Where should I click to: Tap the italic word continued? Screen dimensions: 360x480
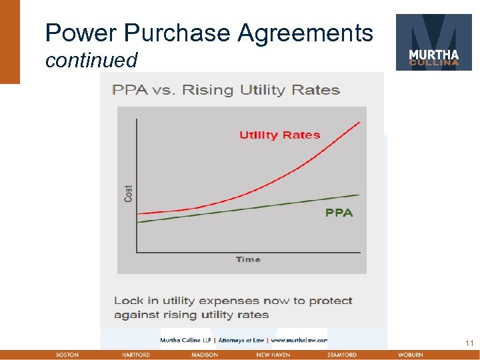[x=91, y=61]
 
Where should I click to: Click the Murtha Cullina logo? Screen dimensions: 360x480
[x=433, y=42]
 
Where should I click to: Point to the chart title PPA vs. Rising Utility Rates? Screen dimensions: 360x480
[x=226, y=90]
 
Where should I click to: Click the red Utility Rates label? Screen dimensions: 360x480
[x=279, y=135]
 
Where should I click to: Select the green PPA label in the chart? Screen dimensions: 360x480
[x=339, y=213]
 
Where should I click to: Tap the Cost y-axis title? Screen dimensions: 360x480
[x=129, y=193]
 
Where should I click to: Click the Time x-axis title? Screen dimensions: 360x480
[x=248, y=259]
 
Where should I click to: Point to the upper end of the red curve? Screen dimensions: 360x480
[x=359, y=123]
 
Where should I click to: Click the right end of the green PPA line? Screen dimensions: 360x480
[x=358, y=195]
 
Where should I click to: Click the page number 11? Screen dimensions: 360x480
[x=469, y=343]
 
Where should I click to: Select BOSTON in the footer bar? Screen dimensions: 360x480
[x=67, y=355]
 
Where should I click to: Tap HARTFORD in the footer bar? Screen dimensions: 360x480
[x=135, y=355]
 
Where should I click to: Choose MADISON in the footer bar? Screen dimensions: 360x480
[x=205, y=355]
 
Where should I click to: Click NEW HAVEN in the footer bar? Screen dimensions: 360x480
[x=273, y=355]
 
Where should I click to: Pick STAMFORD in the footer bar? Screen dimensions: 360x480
[x=342, y=355]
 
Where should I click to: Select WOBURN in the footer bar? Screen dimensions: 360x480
[x=410, y=355]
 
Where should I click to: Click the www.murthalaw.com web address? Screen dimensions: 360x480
[x=299, y=340]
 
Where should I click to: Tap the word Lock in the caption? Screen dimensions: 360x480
[x=127, y=301]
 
